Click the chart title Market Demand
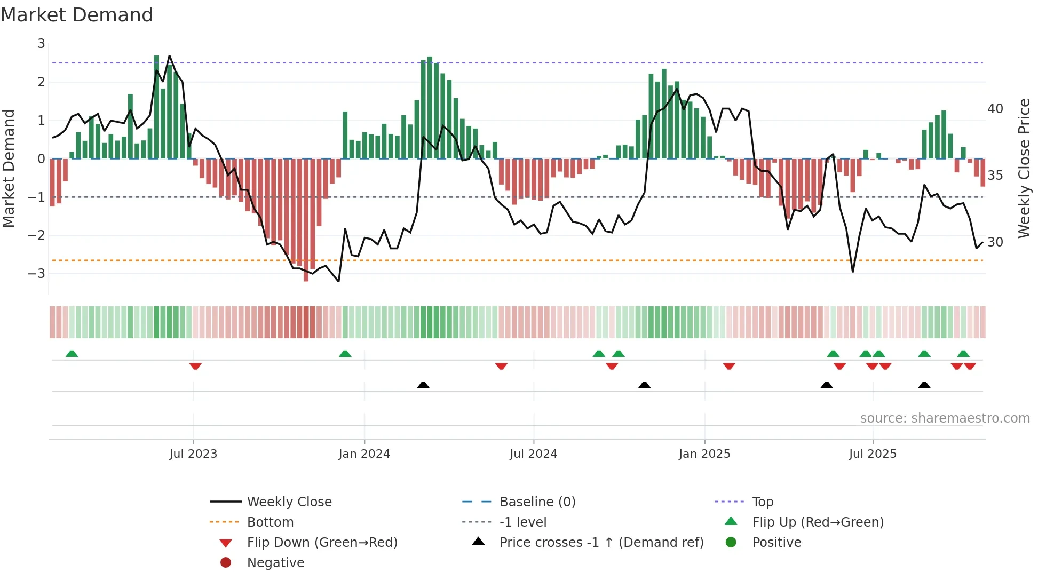click(x=77, y=15)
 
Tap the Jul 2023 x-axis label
click(x=193, y=454)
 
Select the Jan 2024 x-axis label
click(x=364, y=454)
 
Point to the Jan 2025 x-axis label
click(x=704, y=454)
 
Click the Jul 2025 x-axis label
click(x=873, y=454)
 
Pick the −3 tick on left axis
click(x=37, y=274)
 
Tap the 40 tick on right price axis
click(x=995, y=109)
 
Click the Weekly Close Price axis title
click(x=1024, y=168)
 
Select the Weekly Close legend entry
click(x=289, y=502)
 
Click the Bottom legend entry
click(x=270, y=522)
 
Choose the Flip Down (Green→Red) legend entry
click(x=322, y=543)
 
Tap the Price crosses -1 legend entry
click(x=601, y=543)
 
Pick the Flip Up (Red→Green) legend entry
click(x=818, y=522)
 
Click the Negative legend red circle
click(x=226, y=563)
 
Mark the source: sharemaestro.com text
click(x=945, y=418)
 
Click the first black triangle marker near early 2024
click(x=423, y=385)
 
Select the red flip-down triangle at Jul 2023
click(x=195, y=366)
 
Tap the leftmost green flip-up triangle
click(x=72, y=353)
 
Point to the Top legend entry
click(x=763, y=502)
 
